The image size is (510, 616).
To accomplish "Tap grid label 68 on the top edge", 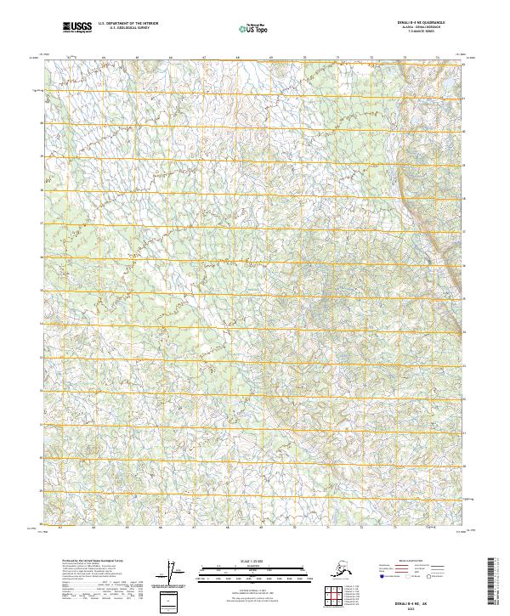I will click(238, 59).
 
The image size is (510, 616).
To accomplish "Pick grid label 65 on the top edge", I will click(138, 59).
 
